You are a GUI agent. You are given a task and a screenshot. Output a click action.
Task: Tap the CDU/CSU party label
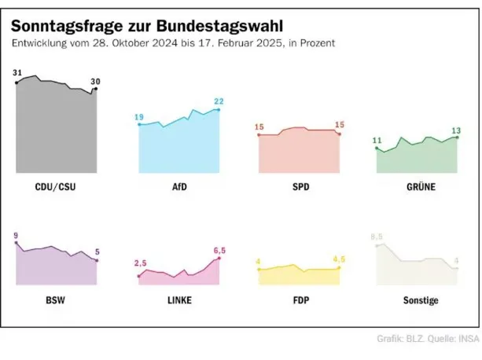click(56, 188)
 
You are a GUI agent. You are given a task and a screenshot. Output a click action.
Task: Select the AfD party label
click(179, 188)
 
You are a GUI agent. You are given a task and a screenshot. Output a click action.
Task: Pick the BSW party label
click(56, 300)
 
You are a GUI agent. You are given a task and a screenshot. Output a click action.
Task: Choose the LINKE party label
click(179, 300)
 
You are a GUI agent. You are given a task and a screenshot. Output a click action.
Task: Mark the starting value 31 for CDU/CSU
click(17, 73)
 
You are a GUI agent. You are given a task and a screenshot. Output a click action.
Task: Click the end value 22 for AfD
click(219, 101)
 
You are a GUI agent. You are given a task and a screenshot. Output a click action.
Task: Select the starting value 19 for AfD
click(139, 117)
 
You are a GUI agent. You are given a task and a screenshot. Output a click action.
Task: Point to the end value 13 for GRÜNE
click(456, 130)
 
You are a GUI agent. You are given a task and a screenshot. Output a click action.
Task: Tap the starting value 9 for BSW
click(16, 235)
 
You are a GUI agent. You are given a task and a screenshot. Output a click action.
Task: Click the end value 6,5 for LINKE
click(219, 251)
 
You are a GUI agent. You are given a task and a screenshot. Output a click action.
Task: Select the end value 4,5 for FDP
click(340, 259)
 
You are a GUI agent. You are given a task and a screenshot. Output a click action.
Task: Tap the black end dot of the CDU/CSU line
click(95, 90)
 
